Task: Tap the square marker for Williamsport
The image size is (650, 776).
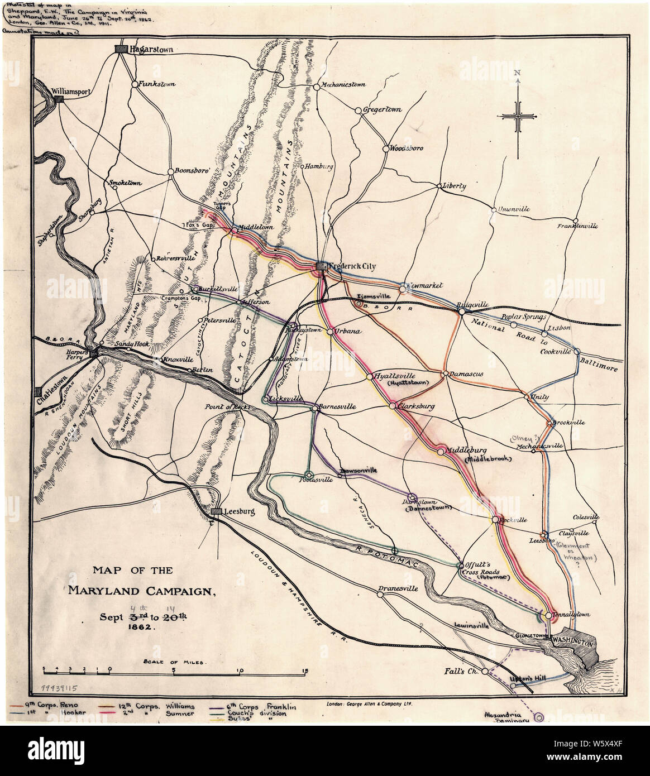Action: [59, 98]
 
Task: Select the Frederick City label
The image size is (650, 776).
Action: [352, 267]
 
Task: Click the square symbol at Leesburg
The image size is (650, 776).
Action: [216, 511]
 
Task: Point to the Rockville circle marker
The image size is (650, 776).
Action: [495, 520]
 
